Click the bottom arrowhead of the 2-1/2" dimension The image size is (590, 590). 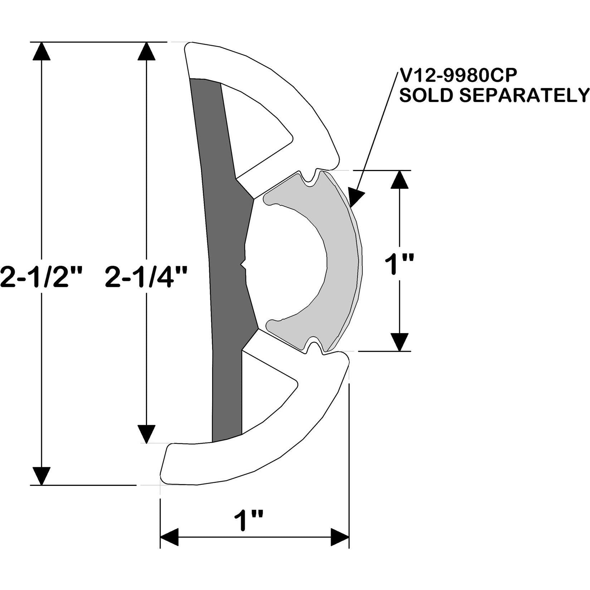tap(42, 476)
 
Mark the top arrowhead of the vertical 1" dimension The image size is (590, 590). tap(399, 179)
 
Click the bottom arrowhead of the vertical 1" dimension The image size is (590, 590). tap(399, 342)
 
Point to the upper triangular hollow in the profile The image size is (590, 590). tap(258, 132)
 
